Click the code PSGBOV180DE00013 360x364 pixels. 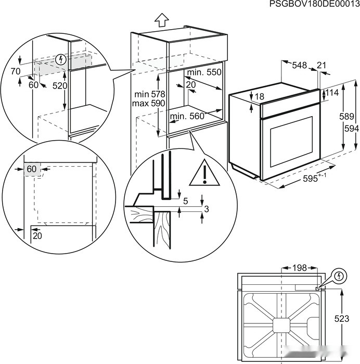[314, 4]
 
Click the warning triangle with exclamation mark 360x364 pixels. [205, 173]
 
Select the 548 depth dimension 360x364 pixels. [299, 65]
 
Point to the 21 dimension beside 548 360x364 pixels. [321, 65]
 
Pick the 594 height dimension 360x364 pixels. [350, 128]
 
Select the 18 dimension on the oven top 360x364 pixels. [260, 96]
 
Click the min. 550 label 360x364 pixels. [204, 72]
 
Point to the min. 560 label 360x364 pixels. [187, 117]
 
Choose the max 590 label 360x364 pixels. [149, 104]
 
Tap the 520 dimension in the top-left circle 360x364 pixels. [60, 85]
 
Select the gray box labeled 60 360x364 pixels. [32, 169]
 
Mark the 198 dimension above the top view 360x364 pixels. [299, 268]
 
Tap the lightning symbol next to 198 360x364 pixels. [338, 275]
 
